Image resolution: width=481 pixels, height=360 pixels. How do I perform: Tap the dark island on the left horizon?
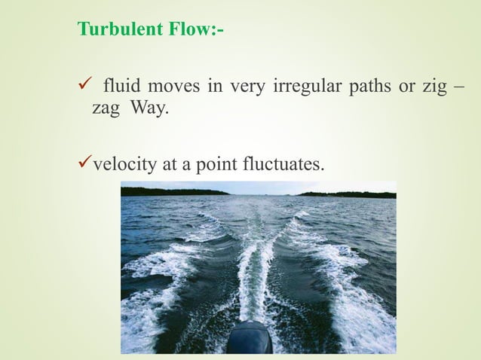point(173,191)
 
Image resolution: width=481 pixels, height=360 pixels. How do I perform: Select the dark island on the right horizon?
point(347,194)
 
